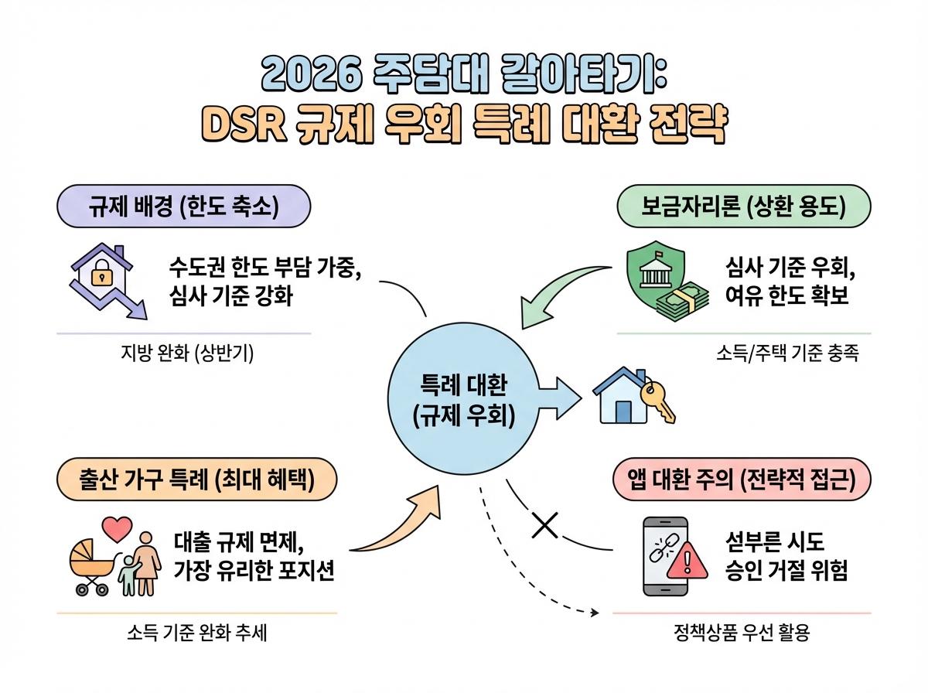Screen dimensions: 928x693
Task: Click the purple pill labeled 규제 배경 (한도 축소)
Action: (x=183, y=206)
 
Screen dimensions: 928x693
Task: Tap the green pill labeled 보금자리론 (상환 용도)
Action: (x=744, y=206)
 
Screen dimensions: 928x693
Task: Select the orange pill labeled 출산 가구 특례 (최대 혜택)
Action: (x=197, y=480)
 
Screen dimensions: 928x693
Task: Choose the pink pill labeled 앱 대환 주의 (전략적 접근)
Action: (x=742, y=480)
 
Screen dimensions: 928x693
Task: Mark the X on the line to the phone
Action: (x=545, y=526)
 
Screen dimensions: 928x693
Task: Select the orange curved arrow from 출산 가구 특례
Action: (x=394, y=526)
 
